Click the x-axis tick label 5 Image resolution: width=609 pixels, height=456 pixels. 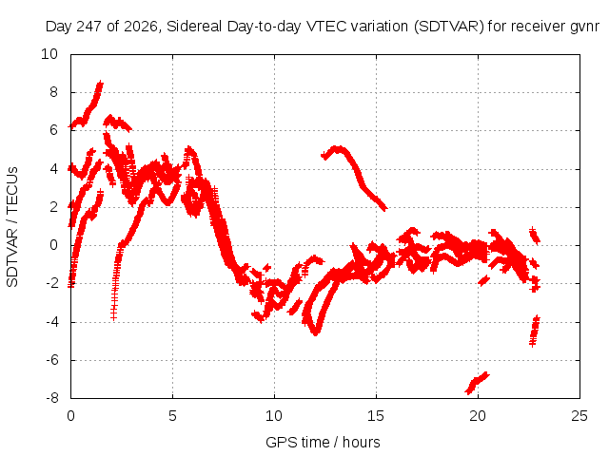click(x=172, y=416)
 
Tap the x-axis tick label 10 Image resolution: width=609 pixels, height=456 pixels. click(x=274, y=416)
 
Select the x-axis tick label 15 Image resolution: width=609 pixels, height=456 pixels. click(x=376, y=416)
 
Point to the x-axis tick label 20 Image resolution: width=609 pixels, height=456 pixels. click(x=478, y=416)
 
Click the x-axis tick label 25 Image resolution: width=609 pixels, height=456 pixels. click(x=580, y=416)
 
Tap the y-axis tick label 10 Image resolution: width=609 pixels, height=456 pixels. click(x=49, y=54)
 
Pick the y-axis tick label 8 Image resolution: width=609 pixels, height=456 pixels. click(x=53, y=92)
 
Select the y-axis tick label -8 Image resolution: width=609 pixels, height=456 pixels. click(x=51, y=398)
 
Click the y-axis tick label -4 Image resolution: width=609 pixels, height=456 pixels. click(x=51, y=322)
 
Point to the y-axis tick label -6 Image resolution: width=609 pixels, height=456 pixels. click(x=51, y=360)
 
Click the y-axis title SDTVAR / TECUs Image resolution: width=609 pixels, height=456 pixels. click(x=12, y=227)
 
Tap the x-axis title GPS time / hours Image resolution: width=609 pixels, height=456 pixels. click(x=323, y=442)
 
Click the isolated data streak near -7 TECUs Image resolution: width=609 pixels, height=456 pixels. click(x=477, y=383)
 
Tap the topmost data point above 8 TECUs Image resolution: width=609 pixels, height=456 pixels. click(x=101, y=84)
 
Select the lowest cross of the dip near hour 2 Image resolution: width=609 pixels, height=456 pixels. click(x=113, y=317)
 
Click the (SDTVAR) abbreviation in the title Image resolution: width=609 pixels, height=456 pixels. click(x=448, y=27)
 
